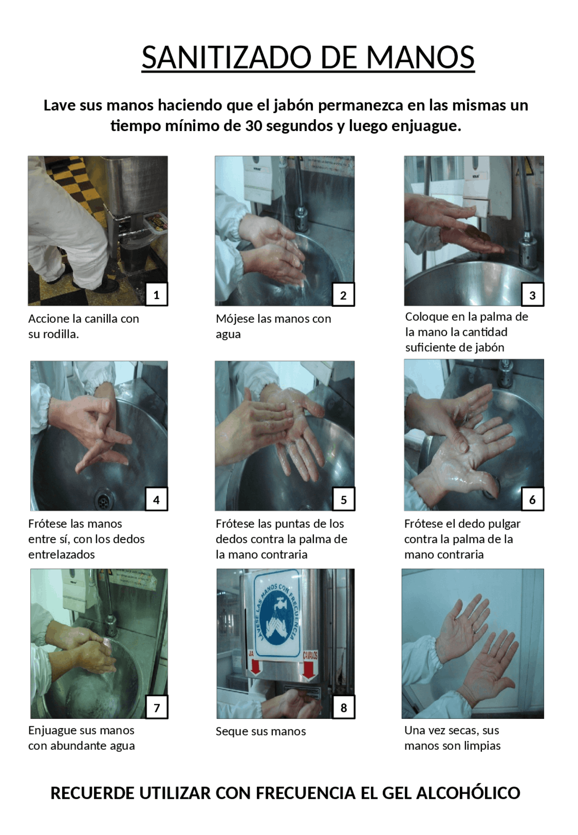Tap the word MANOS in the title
coord(420,57)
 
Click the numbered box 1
coord(156,294)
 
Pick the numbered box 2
coord(343,294)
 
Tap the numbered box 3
coord(532,294)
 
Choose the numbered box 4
coord(156,499)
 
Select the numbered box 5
coord(343,499)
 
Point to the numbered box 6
coord(532,499)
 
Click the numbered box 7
coord(157,707)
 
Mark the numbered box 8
coord(344,707)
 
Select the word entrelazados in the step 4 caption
coord(61,555)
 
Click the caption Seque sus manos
coord(261,732)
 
